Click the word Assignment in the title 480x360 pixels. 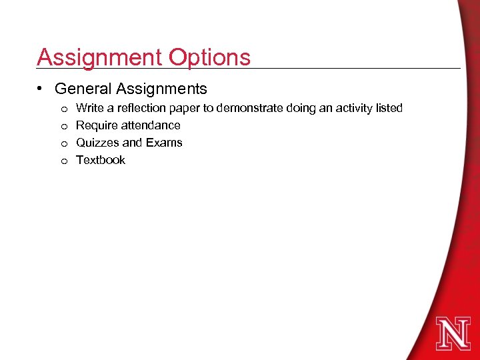(99, 57)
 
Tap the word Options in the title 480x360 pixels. (209, 57)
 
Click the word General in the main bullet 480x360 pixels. (83, 89)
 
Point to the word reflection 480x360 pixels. (139, 108)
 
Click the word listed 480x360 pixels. (389, 108)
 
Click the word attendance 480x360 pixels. (151, 125)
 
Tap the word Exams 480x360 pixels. (166, 143)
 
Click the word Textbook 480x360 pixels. (101, 160)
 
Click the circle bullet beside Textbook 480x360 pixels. (63, 161)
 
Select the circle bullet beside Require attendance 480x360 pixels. (63, 126)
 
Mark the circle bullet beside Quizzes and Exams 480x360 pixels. (63, 143)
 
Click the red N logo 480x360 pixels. (453, 333)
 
